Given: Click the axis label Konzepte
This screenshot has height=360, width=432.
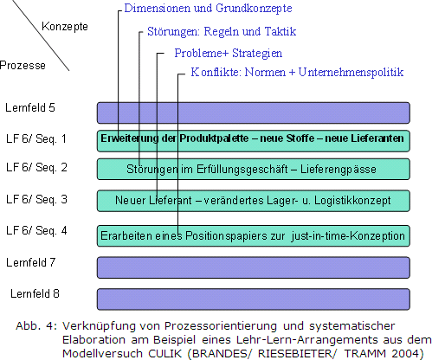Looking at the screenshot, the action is click(x=65, y=27).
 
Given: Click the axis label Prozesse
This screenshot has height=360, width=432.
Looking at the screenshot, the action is click(x=23, y=65).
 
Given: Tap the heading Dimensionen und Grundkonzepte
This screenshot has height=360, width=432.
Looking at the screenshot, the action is click(x=208, y=8).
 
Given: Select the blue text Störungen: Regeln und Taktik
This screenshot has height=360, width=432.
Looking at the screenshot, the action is click(x=222, y=31).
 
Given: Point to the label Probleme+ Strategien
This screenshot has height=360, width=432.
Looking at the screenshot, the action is click(x=229, y=53).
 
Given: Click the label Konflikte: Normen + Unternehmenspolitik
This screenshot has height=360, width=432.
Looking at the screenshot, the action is click(x=297, y=72).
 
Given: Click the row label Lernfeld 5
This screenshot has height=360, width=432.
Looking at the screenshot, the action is click(x=30, y=107).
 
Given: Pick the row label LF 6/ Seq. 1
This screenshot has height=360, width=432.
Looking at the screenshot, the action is click(x=36, y=138).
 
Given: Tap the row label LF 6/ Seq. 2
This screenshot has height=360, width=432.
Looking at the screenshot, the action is click(x=36, y=167).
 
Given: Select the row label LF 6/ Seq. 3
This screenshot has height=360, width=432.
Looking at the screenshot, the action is click(x=36, y=199).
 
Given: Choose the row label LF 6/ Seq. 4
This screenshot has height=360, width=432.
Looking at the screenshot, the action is click(x=36, y=230).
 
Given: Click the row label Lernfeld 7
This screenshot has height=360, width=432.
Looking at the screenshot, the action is click(x=30, y=262).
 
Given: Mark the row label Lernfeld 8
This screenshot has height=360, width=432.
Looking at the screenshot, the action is click(x=35, y=293).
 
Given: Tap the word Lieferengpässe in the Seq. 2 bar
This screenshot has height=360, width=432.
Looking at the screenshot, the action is click(x=339, y=169).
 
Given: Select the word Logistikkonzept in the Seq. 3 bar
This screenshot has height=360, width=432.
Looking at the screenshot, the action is click(x=352, y=200).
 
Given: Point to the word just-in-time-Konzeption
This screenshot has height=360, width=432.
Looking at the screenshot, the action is click(x=348, y=236).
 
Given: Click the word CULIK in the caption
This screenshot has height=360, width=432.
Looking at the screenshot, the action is click(x=165, y=353).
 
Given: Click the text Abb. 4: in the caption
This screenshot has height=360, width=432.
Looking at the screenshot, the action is click(x=36, y=326).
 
